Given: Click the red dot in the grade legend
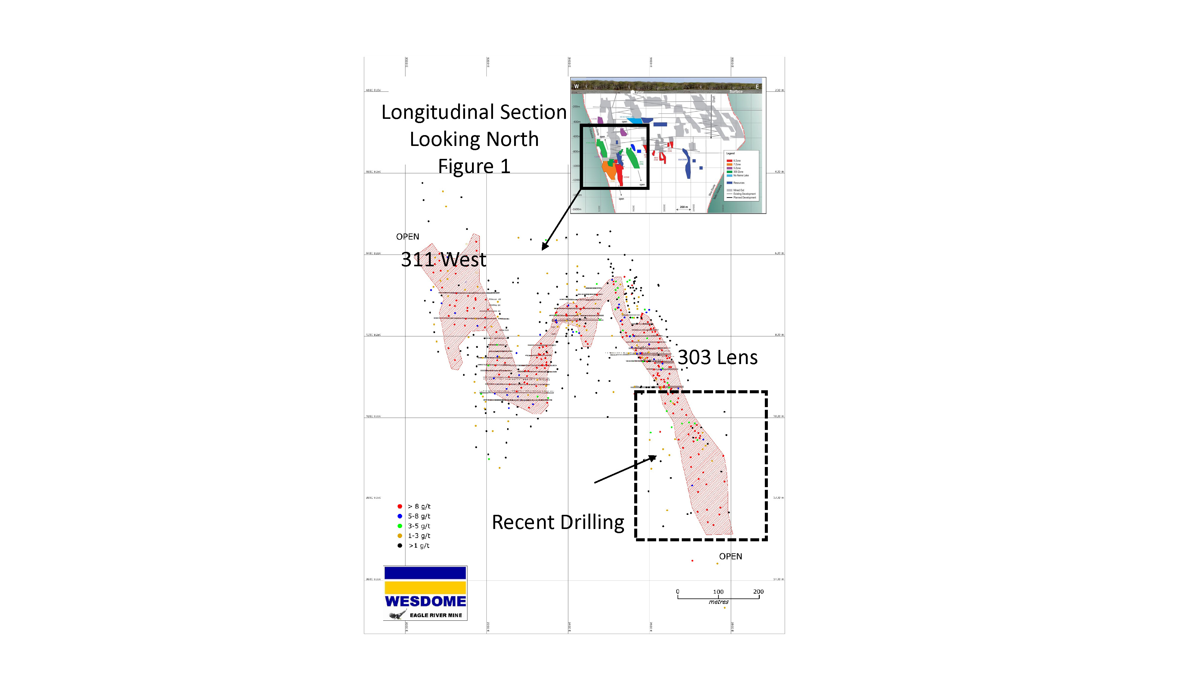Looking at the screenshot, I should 400,506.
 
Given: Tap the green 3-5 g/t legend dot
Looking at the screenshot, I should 400,526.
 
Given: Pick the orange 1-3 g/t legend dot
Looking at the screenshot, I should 400,536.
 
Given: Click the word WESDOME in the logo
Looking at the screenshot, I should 425,601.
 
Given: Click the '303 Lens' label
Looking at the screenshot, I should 718,357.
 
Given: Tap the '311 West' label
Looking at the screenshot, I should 444,260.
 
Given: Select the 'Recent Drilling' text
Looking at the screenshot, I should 558,522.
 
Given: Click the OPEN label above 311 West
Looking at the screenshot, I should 408,237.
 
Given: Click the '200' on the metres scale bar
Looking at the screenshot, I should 758,592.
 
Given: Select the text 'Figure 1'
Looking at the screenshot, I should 474,166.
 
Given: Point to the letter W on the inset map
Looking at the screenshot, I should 576,86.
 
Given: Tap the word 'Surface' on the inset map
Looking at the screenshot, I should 736,91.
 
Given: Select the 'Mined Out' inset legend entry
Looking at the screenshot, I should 738,190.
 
